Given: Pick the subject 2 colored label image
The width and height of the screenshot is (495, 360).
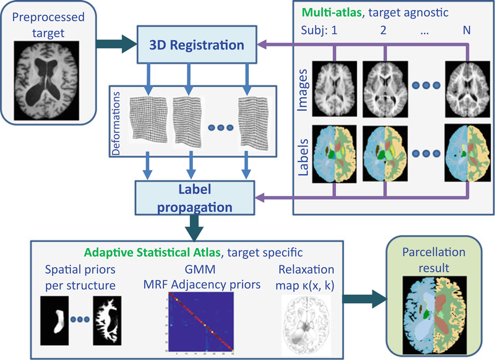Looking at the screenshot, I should [384, 152].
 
